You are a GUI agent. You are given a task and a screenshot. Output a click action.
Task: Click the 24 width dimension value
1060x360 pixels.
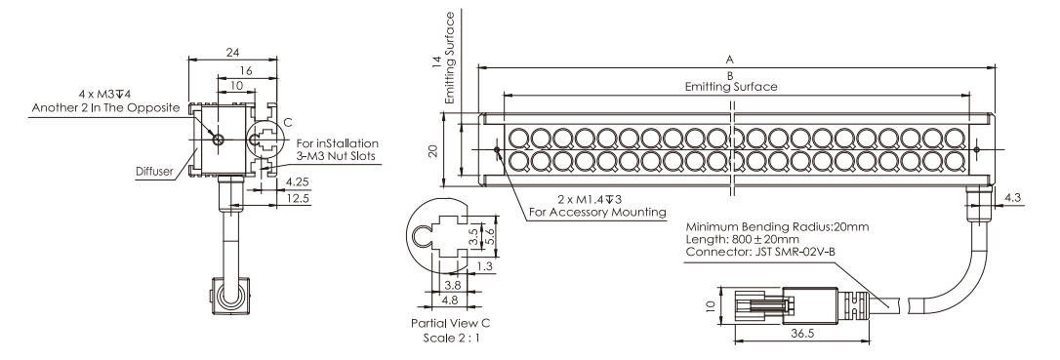click(x=232, y=52)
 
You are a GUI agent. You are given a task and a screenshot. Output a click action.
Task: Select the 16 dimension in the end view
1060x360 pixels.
click(x=246, y=71)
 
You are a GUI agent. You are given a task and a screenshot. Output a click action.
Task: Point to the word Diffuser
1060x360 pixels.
click(x=155, y=172)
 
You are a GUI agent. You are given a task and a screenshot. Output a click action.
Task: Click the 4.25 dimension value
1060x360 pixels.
click(x=298, y=181)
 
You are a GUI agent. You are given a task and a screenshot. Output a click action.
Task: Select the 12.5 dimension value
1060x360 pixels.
click(x=298, y=198)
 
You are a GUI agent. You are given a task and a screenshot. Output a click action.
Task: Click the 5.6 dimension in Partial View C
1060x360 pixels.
click(x=489, y=237)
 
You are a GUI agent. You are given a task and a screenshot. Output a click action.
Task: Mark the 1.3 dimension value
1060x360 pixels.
click(x=484, y=266)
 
